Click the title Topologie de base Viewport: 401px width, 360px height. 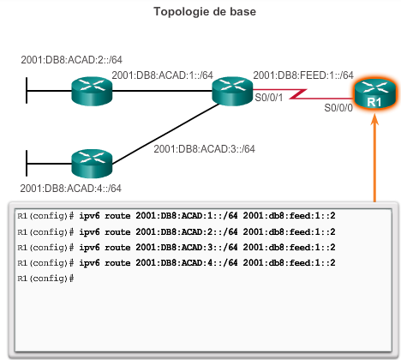coord(200,12)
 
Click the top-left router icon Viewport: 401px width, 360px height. coord(92,88)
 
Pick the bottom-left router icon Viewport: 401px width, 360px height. coord(92,161)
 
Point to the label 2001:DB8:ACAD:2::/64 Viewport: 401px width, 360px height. coord(71,61)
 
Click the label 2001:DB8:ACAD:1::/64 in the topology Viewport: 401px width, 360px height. coord(162,75)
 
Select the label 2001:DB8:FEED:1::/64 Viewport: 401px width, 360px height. coord(303,75)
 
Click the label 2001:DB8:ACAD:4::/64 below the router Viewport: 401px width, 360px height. coord(70,189)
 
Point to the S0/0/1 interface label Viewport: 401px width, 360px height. coord(271,99)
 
